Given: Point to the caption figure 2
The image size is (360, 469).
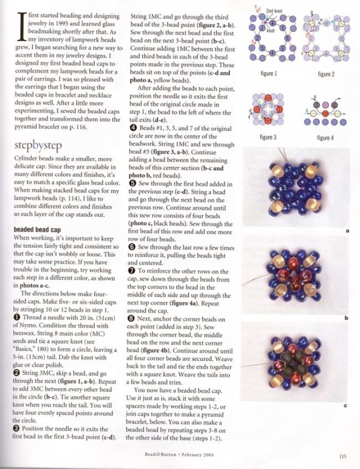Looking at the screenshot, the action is pos(325,74).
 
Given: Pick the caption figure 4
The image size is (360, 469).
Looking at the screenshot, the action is pos(325,137).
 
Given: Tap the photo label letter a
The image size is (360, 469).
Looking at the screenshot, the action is pos(348,231).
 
